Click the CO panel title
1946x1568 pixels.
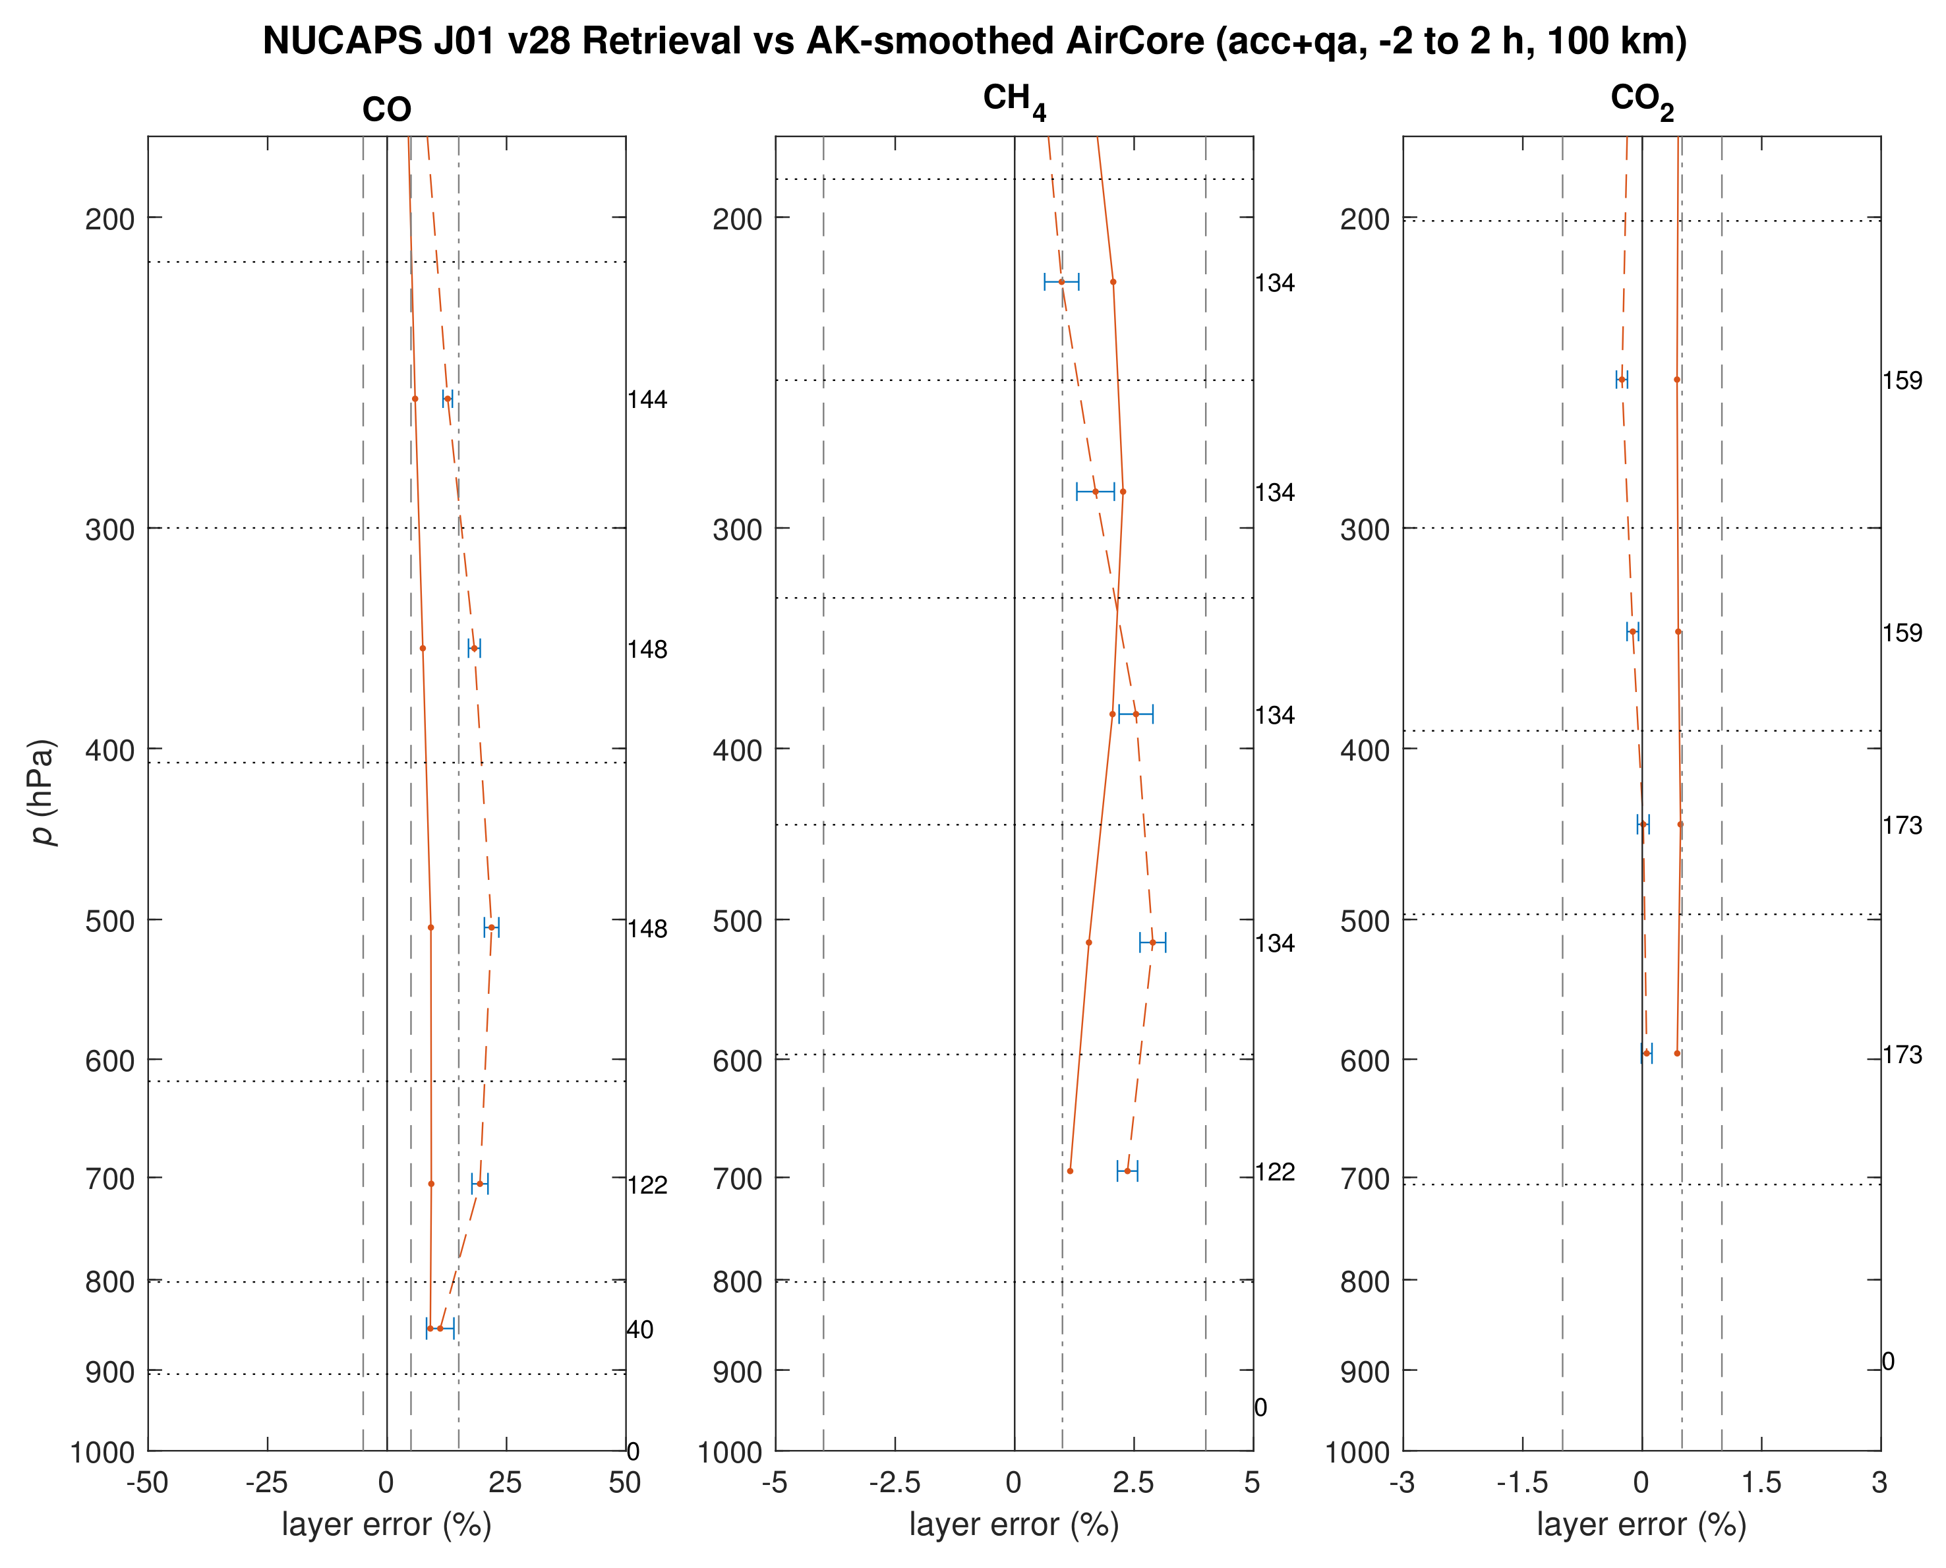(x=387, y=110)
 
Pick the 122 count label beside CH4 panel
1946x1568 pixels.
(x=1275, y=1173)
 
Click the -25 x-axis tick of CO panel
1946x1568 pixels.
(x=266, y=1482)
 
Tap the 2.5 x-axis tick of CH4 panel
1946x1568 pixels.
(x=1133, y=1482)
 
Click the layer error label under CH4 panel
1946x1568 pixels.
(x=1014, y=1524)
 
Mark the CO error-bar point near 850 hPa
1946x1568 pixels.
(x=440, y=1327)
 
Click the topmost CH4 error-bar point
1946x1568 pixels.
(x=1061, y=282)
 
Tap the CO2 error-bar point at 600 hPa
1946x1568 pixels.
(x=1646, y=1053)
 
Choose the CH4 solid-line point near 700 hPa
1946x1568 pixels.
(x=1070, y=1171)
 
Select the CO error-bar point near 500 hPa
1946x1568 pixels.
(x=492, y=927)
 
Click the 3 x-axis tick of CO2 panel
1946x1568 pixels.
(x=1879, y=1482)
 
